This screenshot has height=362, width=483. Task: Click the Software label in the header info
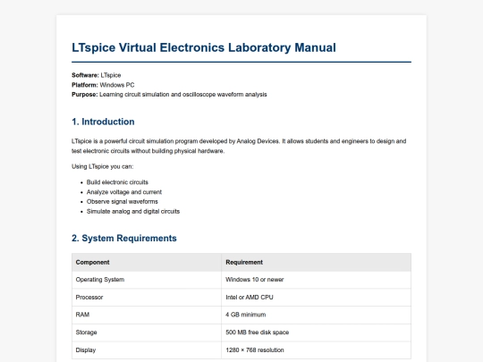tap(86, 75)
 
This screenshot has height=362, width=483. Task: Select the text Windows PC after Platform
tap(118, 84)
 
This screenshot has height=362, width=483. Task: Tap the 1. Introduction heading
tap(103, 122)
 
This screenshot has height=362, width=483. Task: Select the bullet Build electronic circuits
tap(117, 182)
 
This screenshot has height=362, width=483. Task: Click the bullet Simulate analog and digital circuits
tap(133, 212)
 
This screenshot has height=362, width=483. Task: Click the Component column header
tap(93, 262)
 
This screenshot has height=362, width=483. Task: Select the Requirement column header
tap(244, 262)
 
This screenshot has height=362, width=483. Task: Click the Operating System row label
tap(100, 280)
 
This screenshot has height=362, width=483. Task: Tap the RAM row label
tap(82, 315)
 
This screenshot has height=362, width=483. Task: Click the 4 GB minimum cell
tap(246, 315)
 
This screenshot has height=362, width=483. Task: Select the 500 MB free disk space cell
tap(258, 332)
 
